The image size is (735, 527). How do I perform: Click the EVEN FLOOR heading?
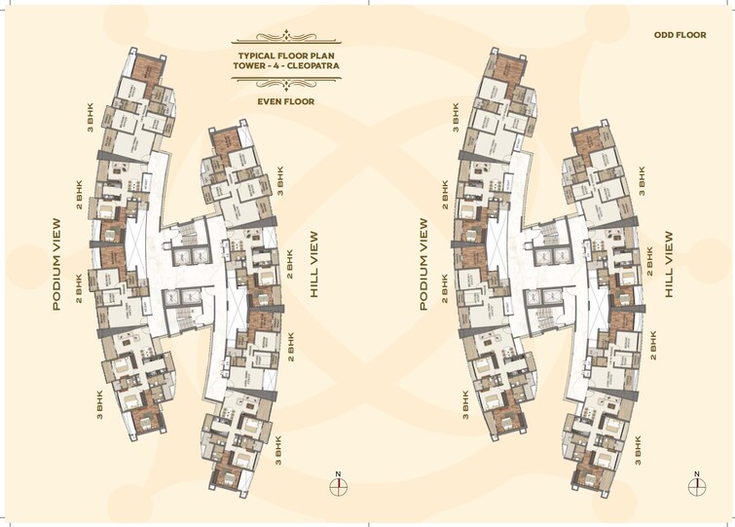(x=285, y=100)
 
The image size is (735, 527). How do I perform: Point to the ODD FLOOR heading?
(x=680, y=35)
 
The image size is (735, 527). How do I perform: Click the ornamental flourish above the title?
(x=285, y=40)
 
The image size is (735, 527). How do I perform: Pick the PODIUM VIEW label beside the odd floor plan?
(x=423, y=263)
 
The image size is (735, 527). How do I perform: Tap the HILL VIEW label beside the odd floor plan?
(x=670, y=264)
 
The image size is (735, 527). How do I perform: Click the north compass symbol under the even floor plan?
(x=338, y=485)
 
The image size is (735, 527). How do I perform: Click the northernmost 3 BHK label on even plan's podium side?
(x=91, y=116)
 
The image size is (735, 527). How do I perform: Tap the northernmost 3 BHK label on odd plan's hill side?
(x=642, y=176)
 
